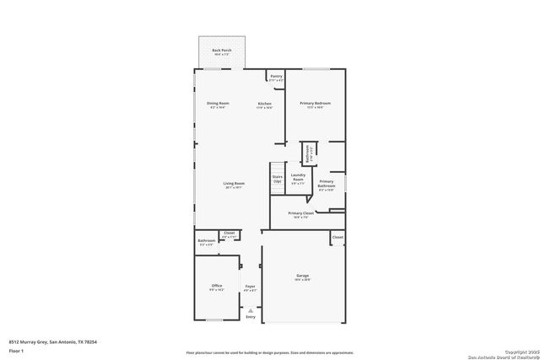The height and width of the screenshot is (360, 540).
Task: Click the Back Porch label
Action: point(222,51)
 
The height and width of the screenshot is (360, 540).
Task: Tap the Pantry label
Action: point(276,77)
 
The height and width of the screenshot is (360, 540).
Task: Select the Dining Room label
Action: point(218,105)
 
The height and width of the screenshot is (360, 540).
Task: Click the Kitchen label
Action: point(265,105)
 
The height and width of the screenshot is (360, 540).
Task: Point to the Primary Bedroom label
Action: point(316,105)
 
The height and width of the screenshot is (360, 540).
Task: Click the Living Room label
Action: point(234,185)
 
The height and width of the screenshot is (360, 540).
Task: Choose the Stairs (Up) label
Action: point(277,179)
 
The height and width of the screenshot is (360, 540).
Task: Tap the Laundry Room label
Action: point(297,179)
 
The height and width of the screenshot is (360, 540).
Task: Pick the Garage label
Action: point(302,277)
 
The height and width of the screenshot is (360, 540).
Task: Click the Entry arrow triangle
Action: point(250,309)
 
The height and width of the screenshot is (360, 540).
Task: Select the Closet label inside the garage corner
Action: point(337,238)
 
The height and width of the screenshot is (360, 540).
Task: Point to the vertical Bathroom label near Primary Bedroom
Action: point(309,155)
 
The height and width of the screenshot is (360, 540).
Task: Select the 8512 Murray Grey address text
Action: point(46,341)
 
